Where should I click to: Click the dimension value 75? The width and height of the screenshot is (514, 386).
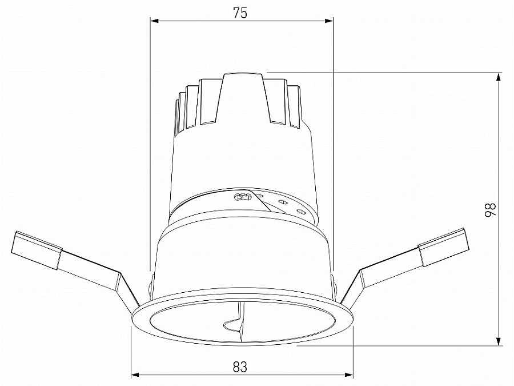coord(240,13)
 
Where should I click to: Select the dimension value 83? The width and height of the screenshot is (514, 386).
coord(240,367)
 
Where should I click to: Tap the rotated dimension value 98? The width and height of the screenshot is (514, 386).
coord(490,209)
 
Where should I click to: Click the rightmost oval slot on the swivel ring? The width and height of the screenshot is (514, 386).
coord(300,213)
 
